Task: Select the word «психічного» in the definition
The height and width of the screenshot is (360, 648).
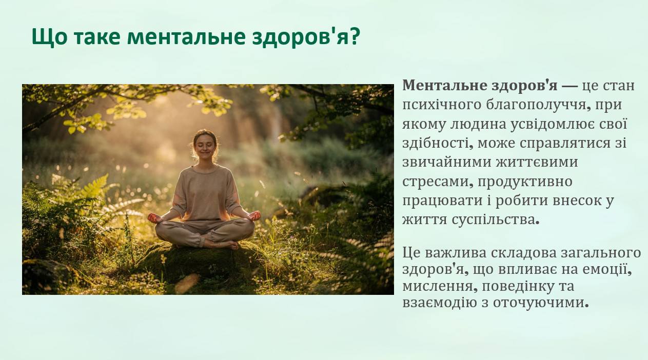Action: click(x=440, y=105)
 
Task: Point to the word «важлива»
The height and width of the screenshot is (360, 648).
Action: click(x=456, y=253)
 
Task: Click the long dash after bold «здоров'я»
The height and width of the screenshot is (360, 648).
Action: click(x=570, y=86)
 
